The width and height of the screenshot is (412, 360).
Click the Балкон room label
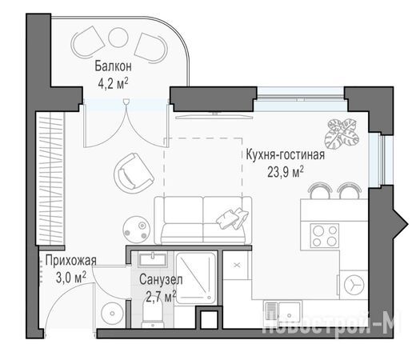click(x=113, y=66)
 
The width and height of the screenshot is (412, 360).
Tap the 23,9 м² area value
click(x=286, y=172)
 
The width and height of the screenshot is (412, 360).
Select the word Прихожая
click(x=70, y=260)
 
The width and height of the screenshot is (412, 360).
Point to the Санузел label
click(x=161, y=280)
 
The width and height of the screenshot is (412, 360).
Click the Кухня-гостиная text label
click(x=285, y=155)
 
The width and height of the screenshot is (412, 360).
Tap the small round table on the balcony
click(x=118, y=38)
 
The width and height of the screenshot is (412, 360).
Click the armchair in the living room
click(x=134, y=173)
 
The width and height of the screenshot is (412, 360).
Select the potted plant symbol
click(x=342, y=134)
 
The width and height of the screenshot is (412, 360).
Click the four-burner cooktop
click(x=325, y=235)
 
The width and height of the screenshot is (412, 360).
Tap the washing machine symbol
click(x=353, y=285)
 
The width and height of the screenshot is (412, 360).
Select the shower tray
click(x=196, y=278)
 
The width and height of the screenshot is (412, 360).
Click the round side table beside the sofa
click(x=137, y=230)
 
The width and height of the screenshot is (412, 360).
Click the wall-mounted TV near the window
click(x=214, y=115)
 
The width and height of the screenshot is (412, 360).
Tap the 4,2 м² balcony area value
click(x=113, y=83)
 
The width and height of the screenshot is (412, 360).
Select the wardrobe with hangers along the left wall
click(x=50, y=178)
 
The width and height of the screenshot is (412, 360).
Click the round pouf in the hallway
click(x=113, y=314)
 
